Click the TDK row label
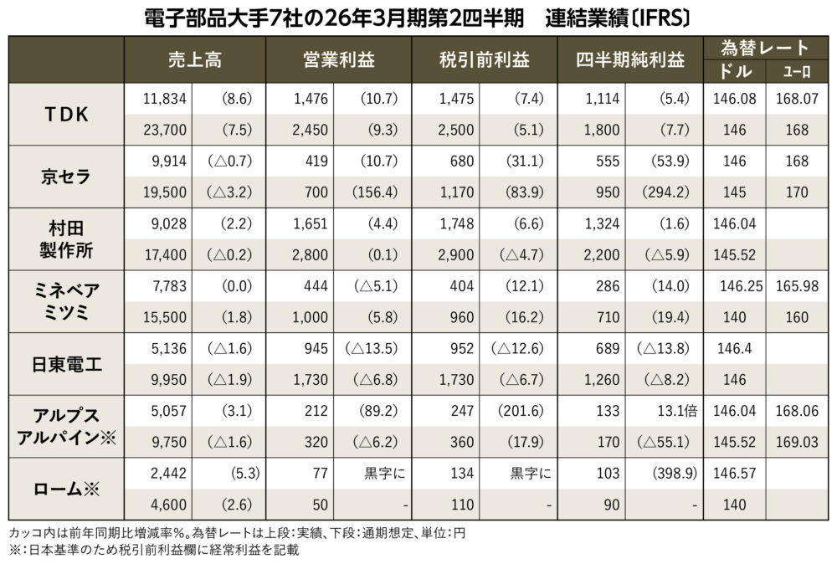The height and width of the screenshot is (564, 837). click(x=65, y=114)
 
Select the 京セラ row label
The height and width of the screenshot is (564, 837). click(x=65, y=176)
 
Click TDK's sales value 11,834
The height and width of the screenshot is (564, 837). click(x=156, y=99)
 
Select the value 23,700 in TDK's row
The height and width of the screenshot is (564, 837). click(x=156, y=130)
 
